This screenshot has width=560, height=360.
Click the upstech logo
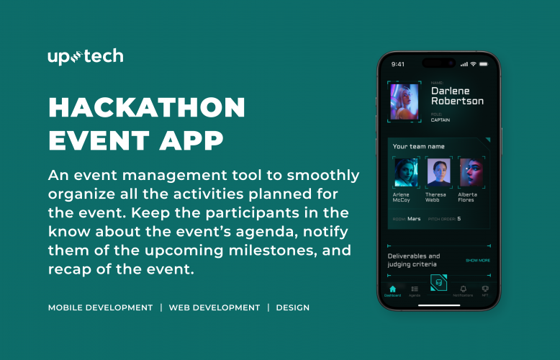point(85,56)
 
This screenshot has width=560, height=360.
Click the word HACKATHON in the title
point(147,108)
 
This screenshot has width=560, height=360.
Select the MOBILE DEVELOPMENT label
point(100,307)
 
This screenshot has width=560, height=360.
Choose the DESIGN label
point(292,307)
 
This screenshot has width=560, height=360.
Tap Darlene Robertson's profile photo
point(404,102)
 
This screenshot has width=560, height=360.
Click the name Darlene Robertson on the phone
point(457,96)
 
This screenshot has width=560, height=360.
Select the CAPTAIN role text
point(441,120)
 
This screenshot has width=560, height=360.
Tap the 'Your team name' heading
point(419,147)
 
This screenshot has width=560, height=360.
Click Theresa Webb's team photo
point(438,173)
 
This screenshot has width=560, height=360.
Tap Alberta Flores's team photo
point(471,173)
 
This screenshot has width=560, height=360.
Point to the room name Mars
point(414,219)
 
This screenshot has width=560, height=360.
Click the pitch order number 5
point(459,219)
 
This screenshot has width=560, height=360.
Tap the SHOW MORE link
point(477,260)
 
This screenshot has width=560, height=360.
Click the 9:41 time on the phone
point(398,64)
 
